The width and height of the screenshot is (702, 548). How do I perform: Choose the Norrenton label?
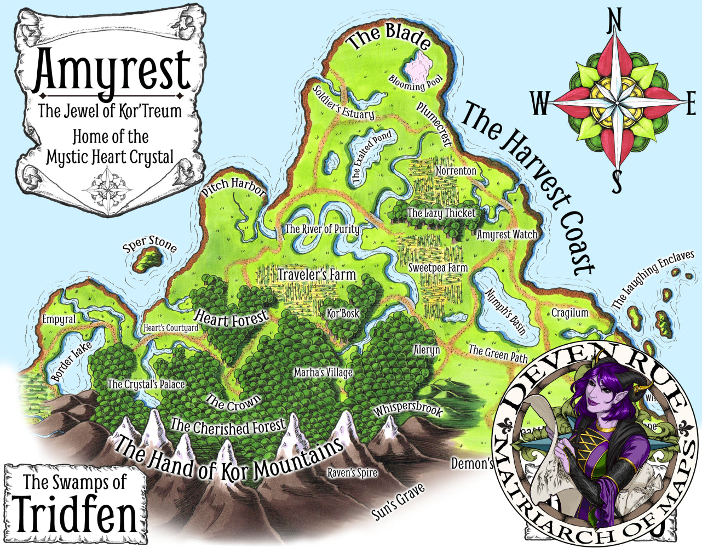[456, 171]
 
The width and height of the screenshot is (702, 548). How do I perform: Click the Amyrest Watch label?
[507, 235]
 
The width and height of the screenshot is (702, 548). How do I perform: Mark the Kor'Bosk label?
[343, 313]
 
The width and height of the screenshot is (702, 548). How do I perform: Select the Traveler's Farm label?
[317, 274]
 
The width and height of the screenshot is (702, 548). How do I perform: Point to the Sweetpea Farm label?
[438, 267]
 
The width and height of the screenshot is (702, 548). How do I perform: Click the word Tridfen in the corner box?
[76, 515]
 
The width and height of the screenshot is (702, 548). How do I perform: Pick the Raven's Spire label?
[352, 472]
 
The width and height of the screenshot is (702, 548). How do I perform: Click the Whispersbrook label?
[407, 410]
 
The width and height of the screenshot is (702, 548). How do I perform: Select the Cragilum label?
[569, 313]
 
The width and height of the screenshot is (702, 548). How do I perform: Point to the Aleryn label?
[427, 350]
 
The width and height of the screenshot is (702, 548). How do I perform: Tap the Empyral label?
[59, 319]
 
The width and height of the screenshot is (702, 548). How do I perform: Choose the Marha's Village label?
[323, 373]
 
